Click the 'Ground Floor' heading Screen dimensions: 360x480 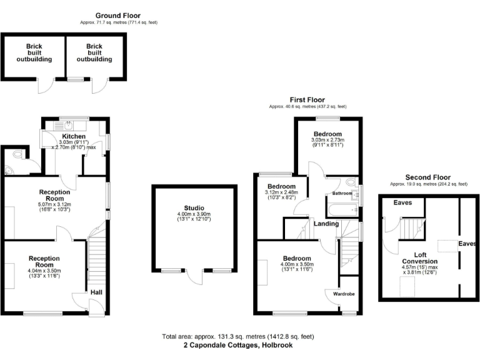click(118, 15)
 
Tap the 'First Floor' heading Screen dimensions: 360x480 click(307, 99)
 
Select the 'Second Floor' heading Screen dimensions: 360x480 click(428, 177)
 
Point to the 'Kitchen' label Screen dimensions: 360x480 click(74, 136)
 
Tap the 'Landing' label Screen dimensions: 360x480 click(326, 224)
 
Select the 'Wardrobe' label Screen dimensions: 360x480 click(344, 292)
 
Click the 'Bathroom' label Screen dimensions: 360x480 click(342, 194)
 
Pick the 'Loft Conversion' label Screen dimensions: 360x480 click(419, 257)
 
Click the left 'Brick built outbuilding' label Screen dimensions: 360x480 click(34, 52)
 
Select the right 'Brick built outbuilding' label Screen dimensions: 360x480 click(94, 52)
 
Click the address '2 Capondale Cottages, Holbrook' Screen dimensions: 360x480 click(237, 345)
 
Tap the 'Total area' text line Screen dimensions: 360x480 click(237, 336)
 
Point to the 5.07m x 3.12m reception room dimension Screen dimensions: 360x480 click(55, 206)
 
